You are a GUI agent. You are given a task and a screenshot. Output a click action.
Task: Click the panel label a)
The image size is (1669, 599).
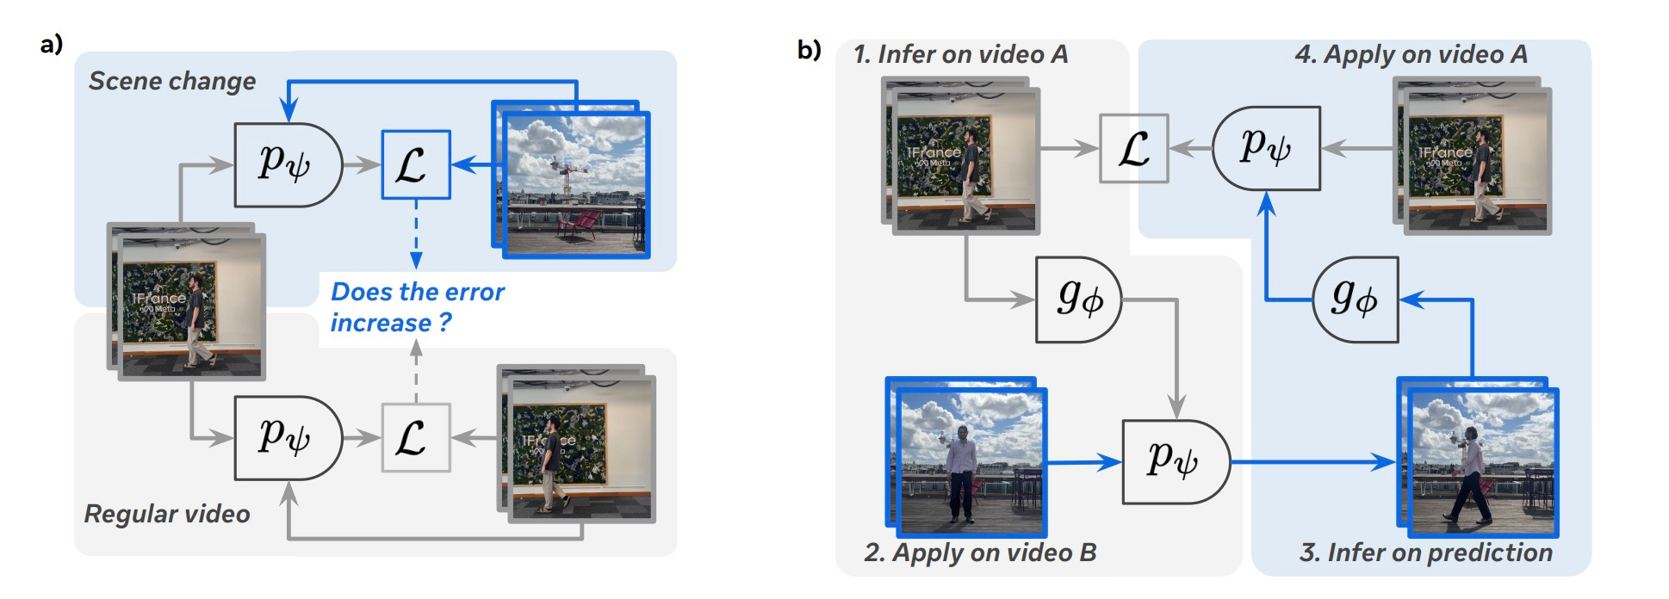52,45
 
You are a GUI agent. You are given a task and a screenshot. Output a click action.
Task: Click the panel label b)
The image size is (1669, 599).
809,50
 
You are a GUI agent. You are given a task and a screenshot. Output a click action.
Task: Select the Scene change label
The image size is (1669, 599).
172,81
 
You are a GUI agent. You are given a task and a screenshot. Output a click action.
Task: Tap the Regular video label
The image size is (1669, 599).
167,514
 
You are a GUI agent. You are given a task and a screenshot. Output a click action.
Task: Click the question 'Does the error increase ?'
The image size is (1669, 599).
417,307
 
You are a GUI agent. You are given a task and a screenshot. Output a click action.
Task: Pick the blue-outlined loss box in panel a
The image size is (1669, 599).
415,164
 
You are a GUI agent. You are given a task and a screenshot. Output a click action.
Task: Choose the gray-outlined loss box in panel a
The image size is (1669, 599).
415,437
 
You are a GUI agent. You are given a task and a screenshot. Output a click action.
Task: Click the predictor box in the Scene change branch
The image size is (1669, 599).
287,164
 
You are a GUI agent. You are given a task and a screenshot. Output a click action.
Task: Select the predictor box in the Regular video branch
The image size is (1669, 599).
287,437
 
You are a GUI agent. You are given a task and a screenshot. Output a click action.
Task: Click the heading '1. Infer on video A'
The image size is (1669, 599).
960,55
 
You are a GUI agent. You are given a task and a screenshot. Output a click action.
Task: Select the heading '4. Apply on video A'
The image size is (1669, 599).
1411,55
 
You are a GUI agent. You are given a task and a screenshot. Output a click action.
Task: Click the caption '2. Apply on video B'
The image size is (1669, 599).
980,553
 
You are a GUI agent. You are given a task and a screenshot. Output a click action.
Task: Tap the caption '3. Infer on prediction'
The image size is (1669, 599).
1426,553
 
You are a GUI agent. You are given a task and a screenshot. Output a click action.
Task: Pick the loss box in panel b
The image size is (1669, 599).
1133,148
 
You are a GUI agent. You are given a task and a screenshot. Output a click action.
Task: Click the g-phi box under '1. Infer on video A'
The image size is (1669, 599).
1077,299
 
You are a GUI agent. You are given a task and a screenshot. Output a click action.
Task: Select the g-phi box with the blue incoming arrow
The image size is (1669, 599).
1355,299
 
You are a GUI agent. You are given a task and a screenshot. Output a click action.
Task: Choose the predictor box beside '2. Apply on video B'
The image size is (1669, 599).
1175,461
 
